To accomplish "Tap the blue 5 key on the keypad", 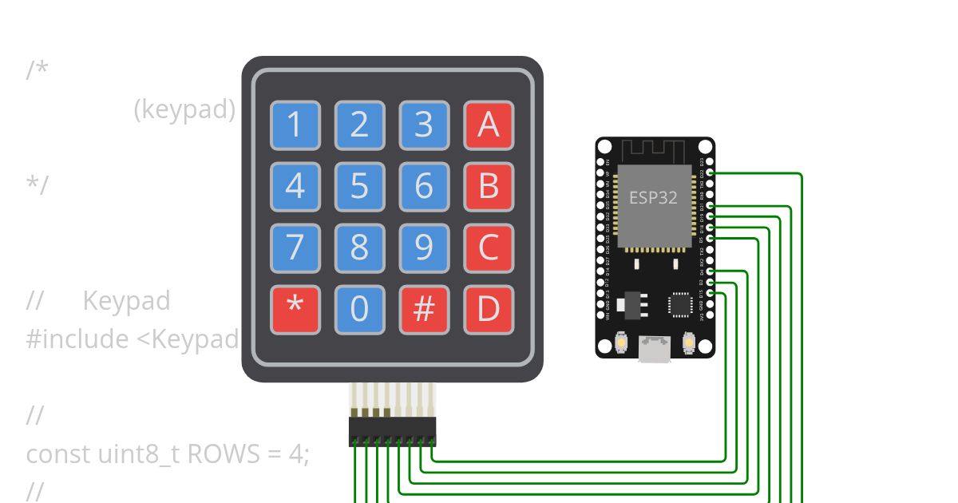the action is point(359,187).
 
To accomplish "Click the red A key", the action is point(489,125).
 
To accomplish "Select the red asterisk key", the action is point(295,310).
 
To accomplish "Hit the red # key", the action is point(424,310).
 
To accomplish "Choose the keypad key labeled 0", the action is point(359,310).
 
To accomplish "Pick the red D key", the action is point(489,310).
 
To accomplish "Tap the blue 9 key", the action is point(424,248).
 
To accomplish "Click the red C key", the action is point(489,248).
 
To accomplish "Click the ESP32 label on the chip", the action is point(653,197).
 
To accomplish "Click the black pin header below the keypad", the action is point(392,431).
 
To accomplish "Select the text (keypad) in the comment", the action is point(184,109).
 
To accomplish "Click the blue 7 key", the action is point(295,248).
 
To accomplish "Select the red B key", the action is point(489,187).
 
